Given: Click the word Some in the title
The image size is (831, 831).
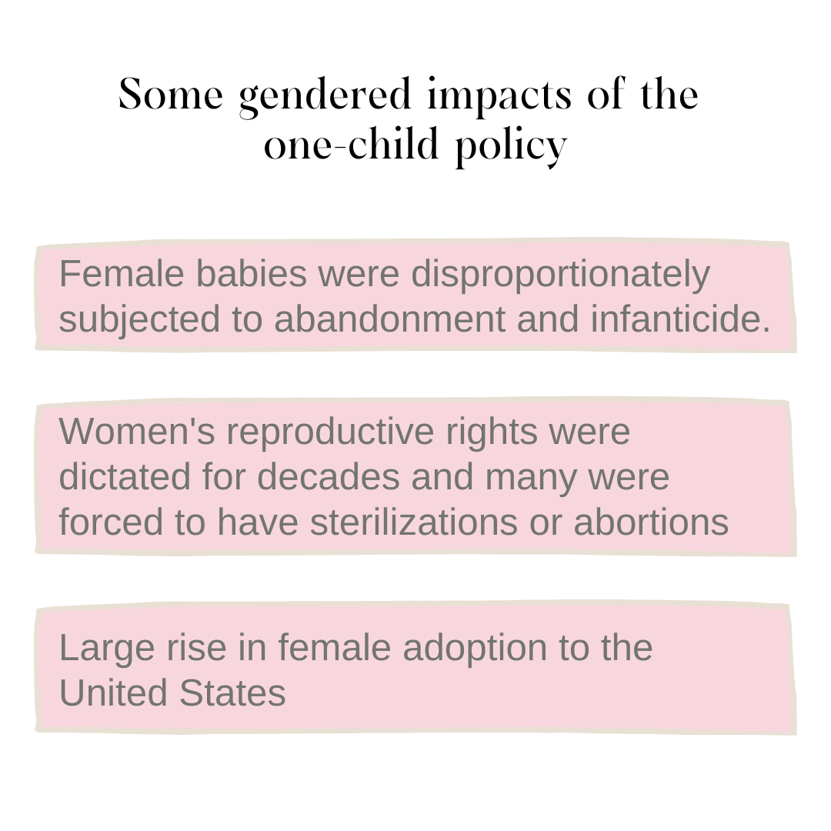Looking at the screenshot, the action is coord(171,95).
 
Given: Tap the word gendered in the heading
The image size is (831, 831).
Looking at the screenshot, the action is coord(325,96).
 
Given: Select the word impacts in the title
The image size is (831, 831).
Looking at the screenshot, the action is coord(500,96).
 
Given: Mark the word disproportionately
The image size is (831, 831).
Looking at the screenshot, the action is coord(560,275).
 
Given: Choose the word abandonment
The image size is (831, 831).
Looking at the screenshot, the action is coord(389,319).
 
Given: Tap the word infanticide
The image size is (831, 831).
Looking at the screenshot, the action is coord(680,319).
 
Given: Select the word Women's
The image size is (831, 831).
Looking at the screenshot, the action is coord(137,431).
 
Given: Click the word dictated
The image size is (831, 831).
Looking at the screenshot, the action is coord(125,476).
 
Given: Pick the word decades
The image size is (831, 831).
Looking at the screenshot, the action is coord(328,476).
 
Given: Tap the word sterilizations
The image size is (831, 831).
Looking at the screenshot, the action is coord(413,522).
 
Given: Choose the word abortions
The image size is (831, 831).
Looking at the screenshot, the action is coord(651,522).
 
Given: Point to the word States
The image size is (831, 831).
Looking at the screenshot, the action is coord(232,692).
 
